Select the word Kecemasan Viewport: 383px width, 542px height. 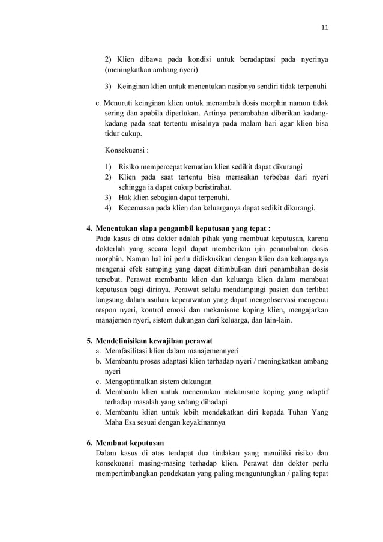[139, 208]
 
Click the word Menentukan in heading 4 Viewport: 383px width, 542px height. [122, 228]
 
